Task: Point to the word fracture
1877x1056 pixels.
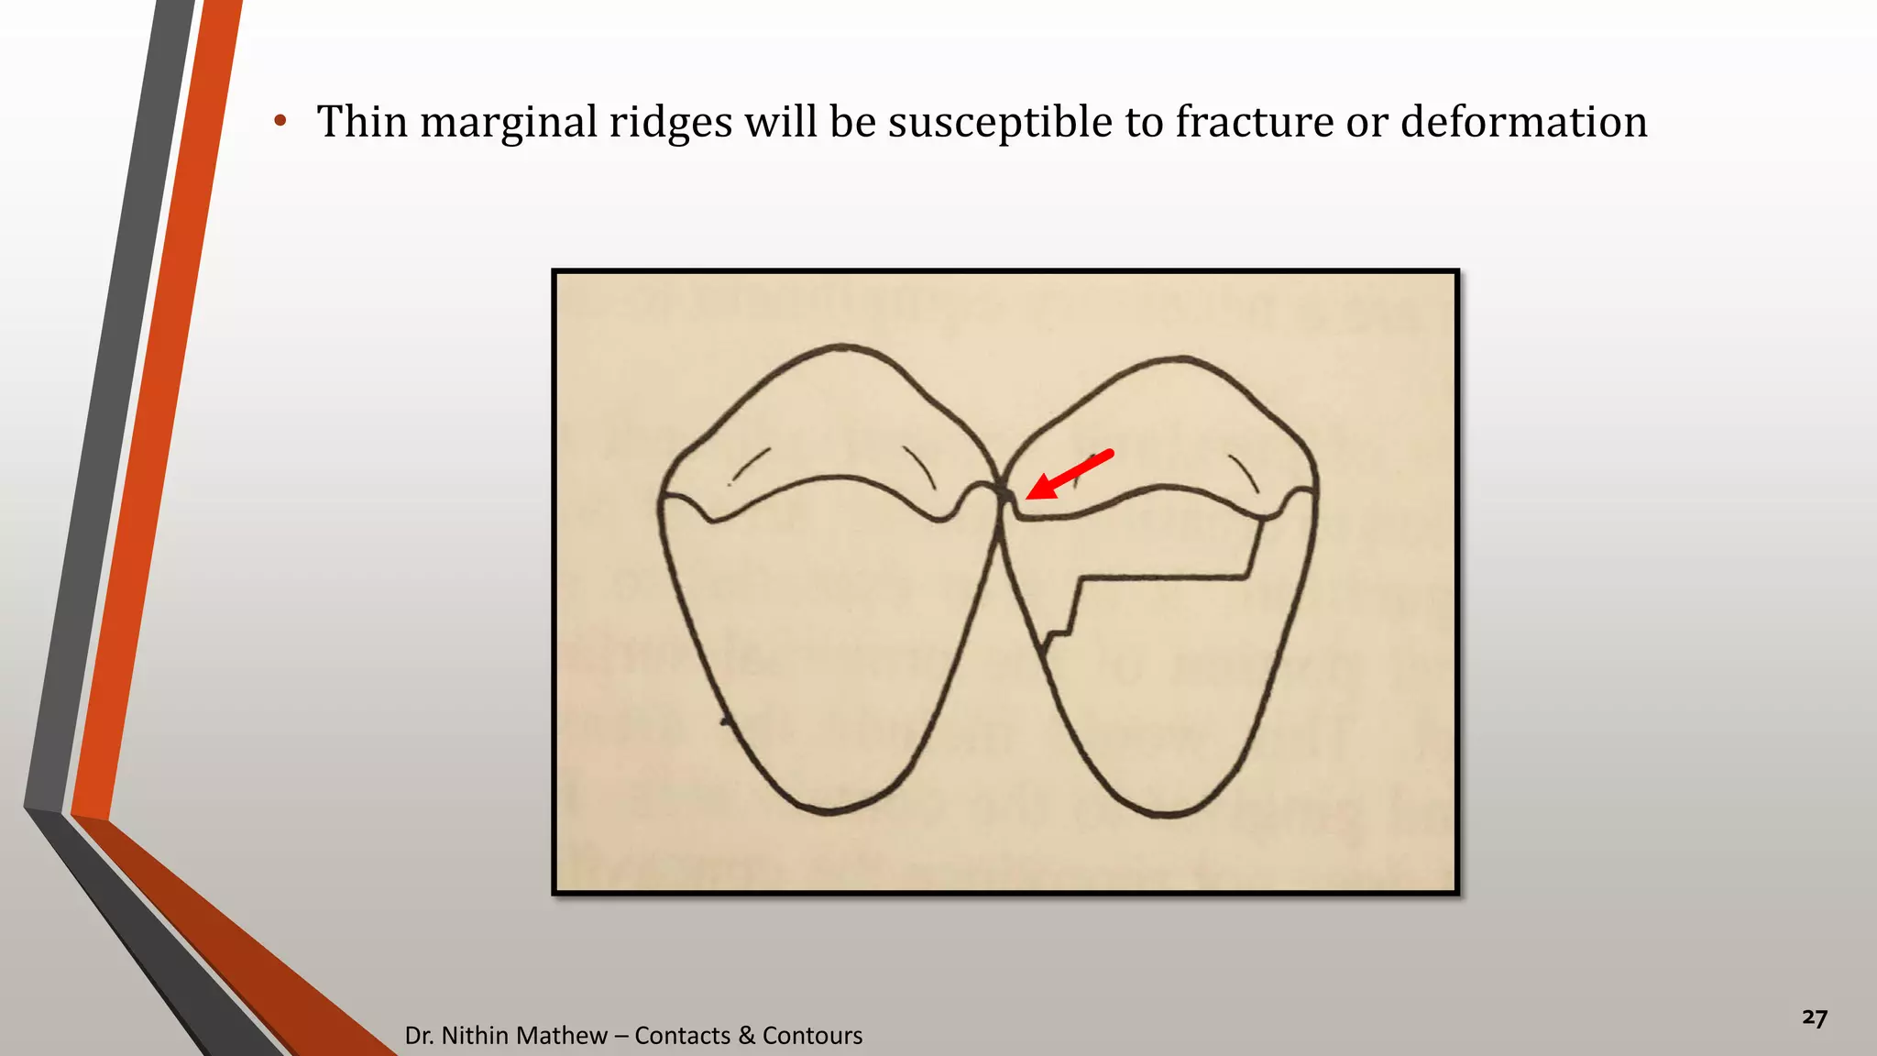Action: pos(1253,122)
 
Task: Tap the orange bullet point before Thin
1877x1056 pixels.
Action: pos(280,121)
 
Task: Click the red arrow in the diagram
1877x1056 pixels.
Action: pos(1068,475)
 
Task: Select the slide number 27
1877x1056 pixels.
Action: pos(1814,1018)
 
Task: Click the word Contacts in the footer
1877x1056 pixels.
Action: pos(682,1035)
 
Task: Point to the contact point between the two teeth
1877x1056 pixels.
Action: pos(1000,490)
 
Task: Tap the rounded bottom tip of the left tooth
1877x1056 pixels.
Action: pos(829,810)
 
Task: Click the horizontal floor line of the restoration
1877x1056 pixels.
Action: pos(1164,577)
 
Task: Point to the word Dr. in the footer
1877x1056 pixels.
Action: pos(419,1035)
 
